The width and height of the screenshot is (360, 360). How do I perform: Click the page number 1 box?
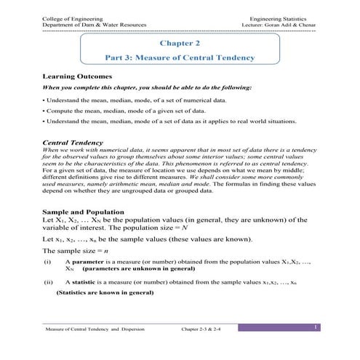316,329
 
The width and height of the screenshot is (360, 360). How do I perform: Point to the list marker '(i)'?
47,260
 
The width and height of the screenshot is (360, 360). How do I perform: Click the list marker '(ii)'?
49,280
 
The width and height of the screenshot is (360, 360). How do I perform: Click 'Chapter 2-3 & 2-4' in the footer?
210,329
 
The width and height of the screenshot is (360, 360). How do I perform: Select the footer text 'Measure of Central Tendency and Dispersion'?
95,329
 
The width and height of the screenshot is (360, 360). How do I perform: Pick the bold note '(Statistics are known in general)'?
105,293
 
